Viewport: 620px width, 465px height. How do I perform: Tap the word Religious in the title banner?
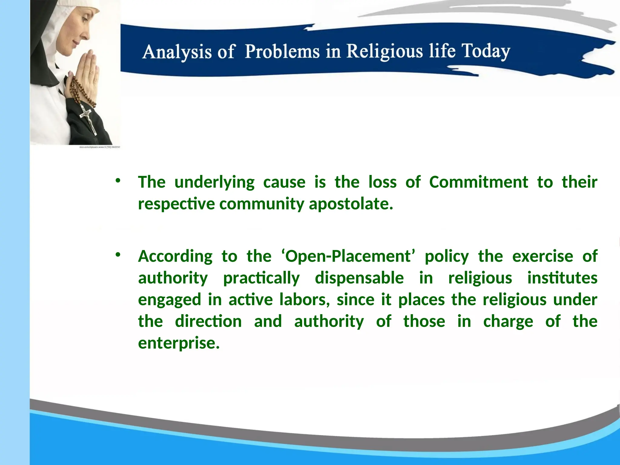point(384,51)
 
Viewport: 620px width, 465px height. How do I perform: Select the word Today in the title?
point(486,51)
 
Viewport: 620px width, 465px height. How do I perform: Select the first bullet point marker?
point(118,181)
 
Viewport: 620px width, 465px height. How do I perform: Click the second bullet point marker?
point(118,255)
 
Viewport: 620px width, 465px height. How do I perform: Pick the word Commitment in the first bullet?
point(478,182)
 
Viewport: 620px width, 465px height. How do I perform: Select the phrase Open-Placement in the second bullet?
point(348,256)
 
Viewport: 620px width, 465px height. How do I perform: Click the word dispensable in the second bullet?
point(359,278)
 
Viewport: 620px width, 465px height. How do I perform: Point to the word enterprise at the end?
point(179,343)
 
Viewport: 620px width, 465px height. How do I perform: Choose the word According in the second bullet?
point(175,256)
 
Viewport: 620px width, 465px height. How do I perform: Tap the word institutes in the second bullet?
point(562,278)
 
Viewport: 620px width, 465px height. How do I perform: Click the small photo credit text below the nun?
point(99,147)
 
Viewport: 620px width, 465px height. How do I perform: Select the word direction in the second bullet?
point(208,321)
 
